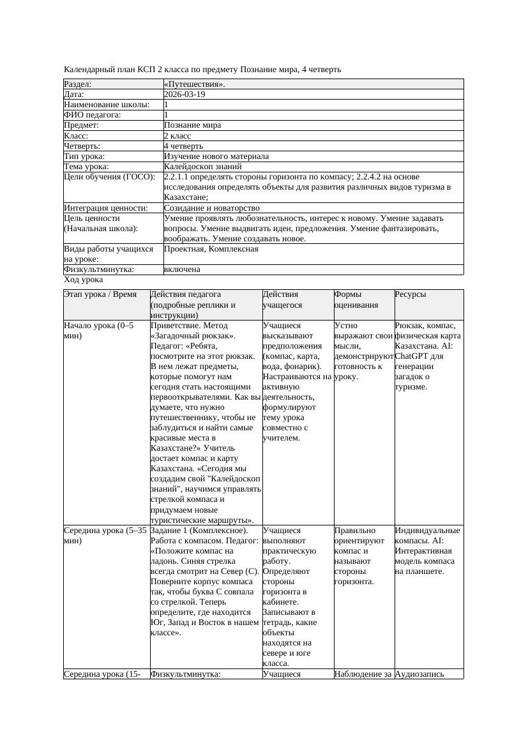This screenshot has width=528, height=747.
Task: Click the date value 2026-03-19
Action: point(185,94)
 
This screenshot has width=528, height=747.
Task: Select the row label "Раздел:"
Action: point(78,84)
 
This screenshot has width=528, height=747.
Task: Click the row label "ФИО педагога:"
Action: point(93,115)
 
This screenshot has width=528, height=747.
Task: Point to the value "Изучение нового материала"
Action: point(216,156)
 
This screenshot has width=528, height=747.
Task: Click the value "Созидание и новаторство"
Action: point(211,208)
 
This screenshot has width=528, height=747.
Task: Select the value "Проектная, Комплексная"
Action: point(211,249)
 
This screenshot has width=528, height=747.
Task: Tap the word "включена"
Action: point(182,269)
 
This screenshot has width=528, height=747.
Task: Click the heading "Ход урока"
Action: point(84,280)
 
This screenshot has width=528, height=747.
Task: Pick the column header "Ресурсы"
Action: point(411,294)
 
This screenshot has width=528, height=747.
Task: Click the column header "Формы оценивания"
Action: point(356,299)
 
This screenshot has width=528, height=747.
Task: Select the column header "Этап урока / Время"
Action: point(100,294)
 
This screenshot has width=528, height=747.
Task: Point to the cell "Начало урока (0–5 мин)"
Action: point(99,330)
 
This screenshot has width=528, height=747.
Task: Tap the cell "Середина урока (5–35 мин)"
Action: point(105,535)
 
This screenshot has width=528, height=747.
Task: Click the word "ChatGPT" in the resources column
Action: point(412,356)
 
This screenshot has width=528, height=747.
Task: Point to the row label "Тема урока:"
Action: point(86,167)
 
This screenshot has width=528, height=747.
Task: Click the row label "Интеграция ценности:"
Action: point(105,208)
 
